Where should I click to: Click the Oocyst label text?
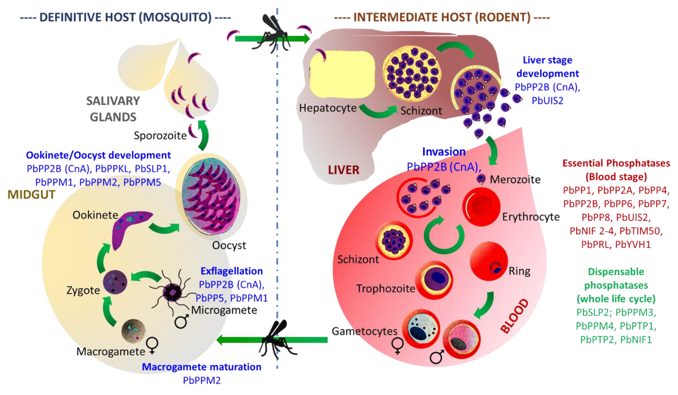[x=229, y=245]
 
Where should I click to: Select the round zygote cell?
[x=115, y=282]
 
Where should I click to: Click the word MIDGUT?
[x=32, y=195]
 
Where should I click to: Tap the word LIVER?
[x=344, y=170]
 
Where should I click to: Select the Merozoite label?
[x=515, y=180]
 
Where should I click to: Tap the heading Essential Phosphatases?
[x=616, y=163]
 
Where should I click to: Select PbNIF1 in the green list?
[x=636, y=340]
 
